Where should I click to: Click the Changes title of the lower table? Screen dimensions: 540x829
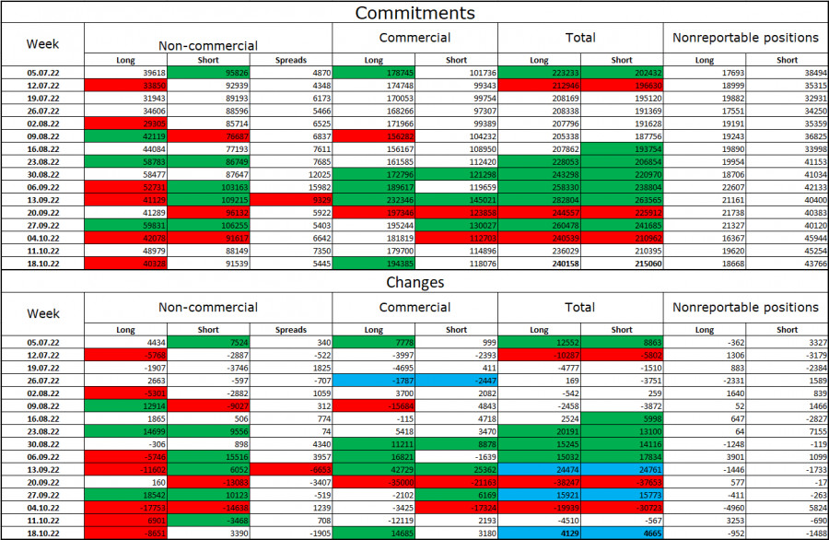tap(414, 282)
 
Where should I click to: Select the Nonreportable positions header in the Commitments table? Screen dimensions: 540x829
tap(745, 38)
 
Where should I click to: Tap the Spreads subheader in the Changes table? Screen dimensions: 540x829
tap(290, 329)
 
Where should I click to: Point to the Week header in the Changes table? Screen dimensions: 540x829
tap(42, 313)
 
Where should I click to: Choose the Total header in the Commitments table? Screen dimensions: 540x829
tap(580, 38)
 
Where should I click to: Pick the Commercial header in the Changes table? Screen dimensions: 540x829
tap(414, 307)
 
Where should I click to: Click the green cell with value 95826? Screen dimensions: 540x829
tap(207, 71)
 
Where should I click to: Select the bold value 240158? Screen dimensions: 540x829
tap(539, 263)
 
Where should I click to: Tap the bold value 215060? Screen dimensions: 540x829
tap(622, 263)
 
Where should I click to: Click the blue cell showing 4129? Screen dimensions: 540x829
tap(539, 533)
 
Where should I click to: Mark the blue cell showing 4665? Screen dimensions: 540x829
tap(622, 533)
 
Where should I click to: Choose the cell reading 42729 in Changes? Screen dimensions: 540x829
tap(373, 468)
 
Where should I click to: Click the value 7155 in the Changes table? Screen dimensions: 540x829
tap(788, 429)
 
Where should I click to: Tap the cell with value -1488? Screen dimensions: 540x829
tap(788, 533)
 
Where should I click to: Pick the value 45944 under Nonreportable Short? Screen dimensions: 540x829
tap(788, 237)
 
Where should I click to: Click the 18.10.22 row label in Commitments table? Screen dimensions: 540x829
tap(42, 263)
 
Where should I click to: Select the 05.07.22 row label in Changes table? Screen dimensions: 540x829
tap(42, 341)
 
